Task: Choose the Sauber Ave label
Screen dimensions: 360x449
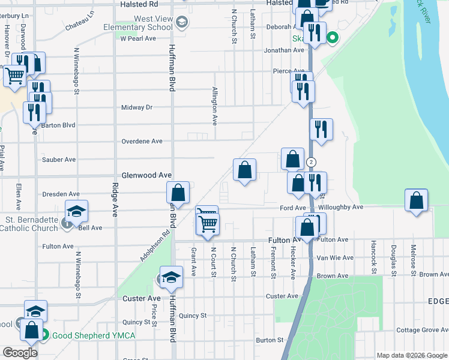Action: tap(59, 160)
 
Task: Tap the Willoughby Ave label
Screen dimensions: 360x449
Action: tap(341, 207)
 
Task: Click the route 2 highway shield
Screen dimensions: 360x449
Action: tap(311, 163)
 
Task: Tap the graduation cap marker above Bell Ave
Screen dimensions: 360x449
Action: tap(76, 211)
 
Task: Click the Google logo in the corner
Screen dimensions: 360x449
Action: tap(20, 353)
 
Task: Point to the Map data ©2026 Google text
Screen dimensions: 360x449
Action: tap(412, 355)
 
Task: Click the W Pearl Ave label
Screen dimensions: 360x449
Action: tap(138, 38)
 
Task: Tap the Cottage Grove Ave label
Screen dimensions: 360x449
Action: tap(421, 330)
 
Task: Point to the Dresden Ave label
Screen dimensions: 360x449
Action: tap(61, 194)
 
